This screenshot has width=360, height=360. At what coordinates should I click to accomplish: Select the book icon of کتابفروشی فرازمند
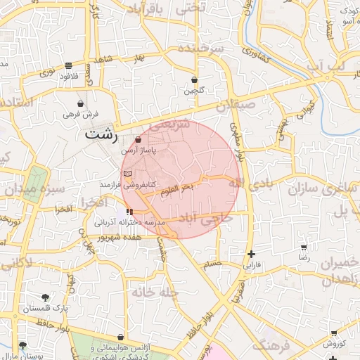coord(127,173)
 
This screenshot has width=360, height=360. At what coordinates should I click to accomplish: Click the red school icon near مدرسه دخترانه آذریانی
coord(129,211)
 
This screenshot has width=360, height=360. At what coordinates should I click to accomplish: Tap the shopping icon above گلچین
coord(193,79)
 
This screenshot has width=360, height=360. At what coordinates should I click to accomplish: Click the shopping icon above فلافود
coord(67,65)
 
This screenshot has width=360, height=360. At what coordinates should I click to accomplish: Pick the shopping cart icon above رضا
coord(303,247)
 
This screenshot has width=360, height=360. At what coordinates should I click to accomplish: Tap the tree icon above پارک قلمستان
coord(46,297)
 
